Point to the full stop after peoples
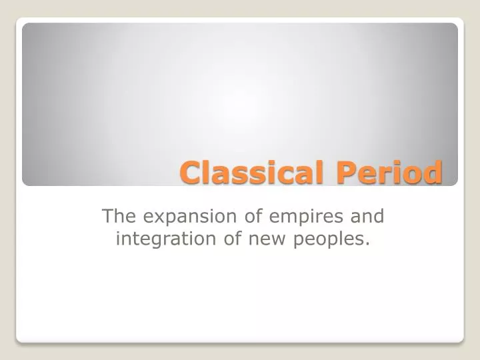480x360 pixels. click(368, 243)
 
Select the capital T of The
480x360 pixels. click(107, 216)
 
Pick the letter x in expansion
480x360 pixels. click(151, 217)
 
